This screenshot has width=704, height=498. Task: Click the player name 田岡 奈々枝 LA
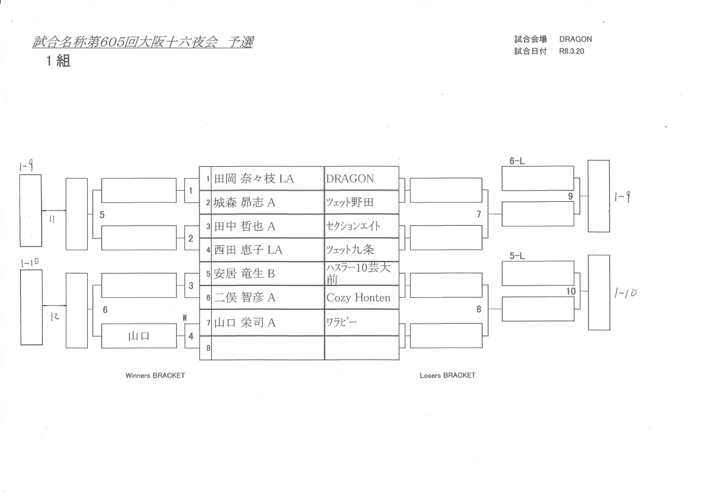click(255, 179)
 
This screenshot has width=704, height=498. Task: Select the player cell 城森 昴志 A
click(246, 203)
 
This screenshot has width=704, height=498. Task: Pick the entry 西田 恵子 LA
click(249, 250)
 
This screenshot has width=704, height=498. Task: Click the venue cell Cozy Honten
click(358, 298)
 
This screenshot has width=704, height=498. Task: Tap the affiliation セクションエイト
click(353, 226)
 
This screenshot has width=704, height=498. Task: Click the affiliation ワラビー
click(341, 322)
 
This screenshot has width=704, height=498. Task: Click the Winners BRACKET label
click(155, 376)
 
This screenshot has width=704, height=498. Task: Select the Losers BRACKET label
click(448, 376)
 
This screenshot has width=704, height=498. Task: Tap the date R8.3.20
click(571, 51)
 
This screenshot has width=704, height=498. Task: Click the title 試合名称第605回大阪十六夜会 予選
click(143, 43)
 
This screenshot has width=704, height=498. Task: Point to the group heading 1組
click(56, 63)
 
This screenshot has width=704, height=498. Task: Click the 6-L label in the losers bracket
click(517, 161)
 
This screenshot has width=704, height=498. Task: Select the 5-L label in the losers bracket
click(517, 256)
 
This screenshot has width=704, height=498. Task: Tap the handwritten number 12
click(55, 318)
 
